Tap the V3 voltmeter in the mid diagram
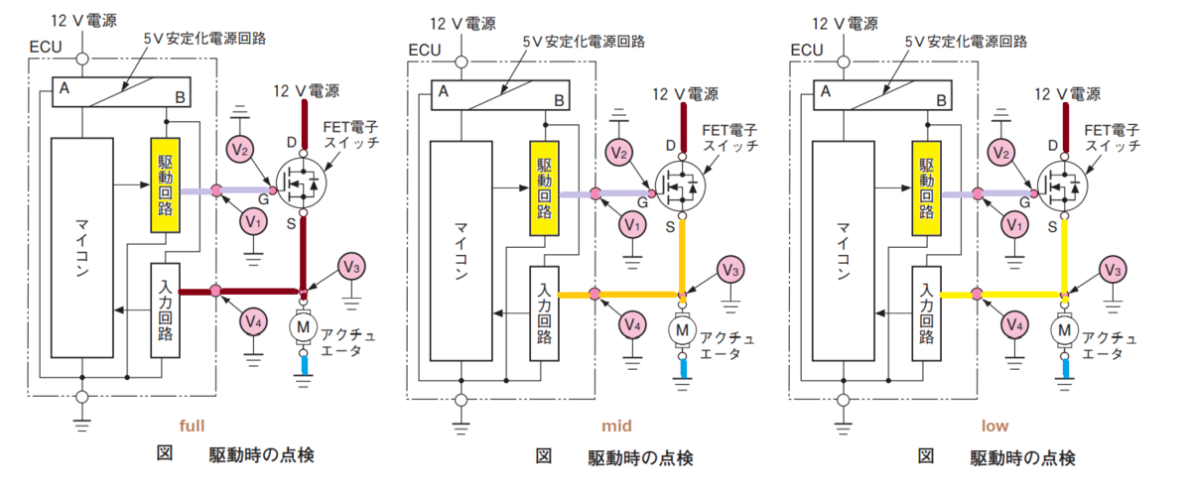[x=730, y=270]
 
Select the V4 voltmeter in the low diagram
[x=1014, y=324]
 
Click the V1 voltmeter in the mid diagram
[x=632, y=225]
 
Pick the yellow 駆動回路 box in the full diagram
[x=166, y=185]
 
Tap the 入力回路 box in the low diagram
[x=927, y=313]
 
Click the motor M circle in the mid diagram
[x=682, y=330]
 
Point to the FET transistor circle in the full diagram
[x=302, y=184]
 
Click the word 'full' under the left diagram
[x=192, y=426]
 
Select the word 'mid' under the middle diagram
[x=616, y=426]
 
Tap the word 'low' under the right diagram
[x=994, y=426]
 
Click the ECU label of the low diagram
[x=807, y=50]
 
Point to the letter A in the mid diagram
[x=443, y=91]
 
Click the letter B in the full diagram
[x=181, y=97]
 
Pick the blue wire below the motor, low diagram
[x=1064, y=368]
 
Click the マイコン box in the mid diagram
[x=461, y=251]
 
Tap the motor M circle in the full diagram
[x=303, y=327]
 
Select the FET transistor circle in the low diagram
[x=1062, y=186]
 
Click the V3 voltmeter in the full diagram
[x=351, y=267]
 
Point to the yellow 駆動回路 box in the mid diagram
[x=545, y=188]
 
